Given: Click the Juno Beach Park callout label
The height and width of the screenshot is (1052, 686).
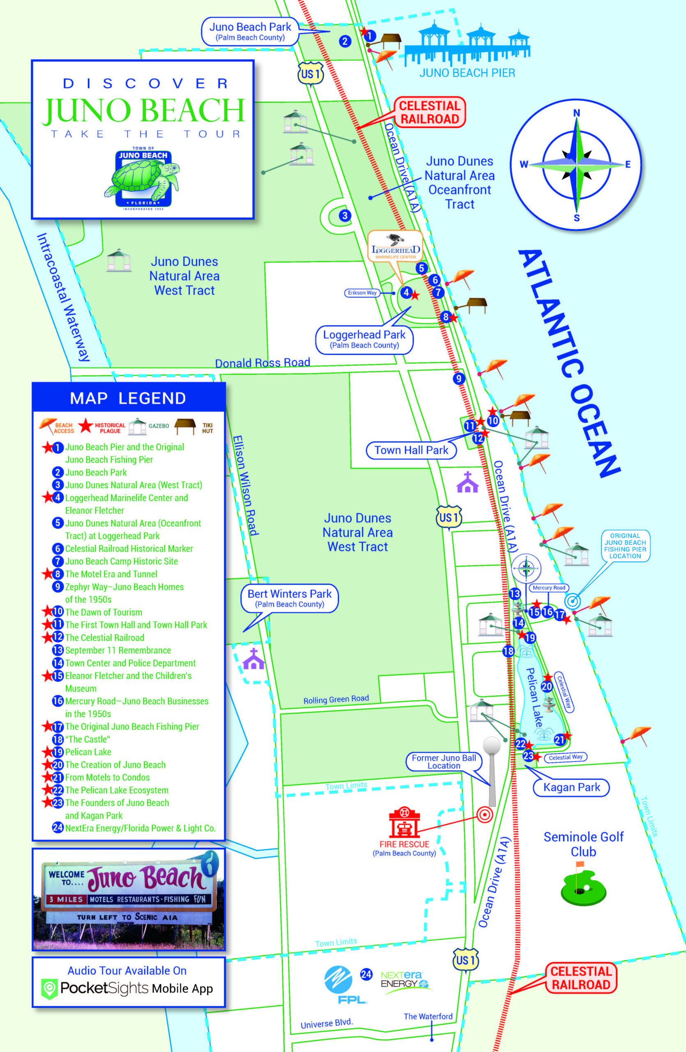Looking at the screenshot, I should (250, 32).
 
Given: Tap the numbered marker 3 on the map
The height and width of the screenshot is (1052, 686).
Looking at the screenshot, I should (345, 216).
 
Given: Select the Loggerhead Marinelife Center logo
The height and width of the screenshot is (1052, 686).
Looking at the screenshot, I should (395, 246).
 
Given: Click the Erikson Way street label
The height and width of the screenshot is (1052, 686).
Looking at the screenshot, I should (362, 293).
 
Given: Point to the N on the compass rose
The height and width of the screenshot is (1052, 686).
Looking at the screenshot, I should (576, 113).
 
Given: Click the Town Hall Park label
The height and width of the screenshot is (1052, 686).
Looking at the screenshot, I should (411, 450).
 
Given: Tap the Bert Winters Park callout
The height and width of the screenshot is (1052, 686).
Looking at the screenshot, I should (289, 598).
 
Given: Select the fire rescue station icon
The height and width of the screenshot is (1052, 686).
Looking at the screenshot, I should (404, 823).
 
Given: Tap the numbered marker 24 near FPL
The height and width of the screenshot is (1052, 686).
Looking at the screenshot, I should (366, 974).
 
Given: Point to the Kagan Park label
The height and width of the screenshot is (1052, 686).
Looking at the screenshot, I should (571, 787).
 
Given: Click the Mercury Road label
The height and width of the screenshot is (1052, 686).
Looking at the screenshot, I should (549, 588).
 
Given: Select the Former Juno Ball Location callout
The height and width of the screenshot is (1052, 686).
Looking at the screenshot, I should (444, 761).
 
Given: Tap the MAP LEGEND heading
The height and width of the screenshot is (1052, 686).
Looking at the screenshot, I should (128, 398).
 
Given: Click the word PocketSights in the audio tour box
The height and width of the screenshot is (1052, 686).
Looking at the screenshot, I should (104, 988).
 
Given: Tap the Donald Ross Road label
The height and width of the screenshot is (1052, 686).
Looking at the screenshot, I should (262, 363).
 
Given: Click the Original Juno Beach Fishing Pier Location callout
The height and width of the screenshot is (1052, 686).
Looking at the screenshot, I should (625, 545).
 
